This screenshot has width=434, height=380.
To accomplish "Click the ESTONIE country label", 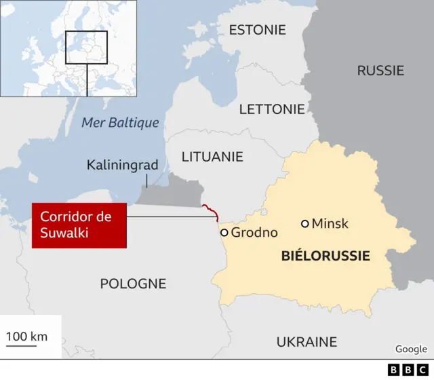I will pyautogui.click(x=257, y=30).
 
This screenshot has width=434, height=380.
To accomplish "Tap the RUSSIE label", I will pyautogui.click(x=380, y=70).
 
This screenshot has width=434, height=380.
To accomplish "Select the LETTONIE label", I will pyautogui.click(x=272, y=109).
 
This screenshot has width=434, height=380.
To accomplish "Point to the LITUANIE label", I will pyautogui.click(x=212, y=156).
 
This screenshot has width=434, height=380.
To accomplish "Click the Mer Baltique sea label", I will pyautogui.click(x=120, y=123).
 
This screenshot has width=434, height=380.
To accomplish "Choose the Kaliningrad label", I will pyautogui.click(x=122, y=165).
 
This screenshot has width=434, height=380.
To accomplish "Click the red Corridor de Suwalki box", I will pyautogui.click(x=79, y=225).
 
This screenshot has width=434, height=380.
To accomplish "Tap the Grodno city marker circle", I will pyautogui.click(x=224, y=232).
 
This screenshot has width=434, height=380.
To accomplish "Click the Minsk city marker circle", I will pyautogui.click(x=305, y=223).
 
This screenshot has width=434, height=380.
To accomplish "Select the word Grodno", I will pyautogui.click(x=254, y=233).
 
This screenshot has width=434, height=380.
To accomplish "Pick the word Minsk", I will pyautogui.click(x=330, y=223).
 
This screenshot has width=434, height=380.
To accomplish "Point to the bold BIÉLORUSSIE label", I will pyautogui.click(x=325, y=256).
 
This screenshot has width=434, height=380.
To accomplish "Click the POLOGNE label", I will pyautogui.click(x=133, y=284).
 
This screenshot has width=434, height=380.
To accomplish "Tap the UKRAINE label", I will pyautogui.click(x=307, y=341).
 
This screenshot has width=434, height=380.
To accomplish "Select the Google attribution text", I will pyautogui.click(x=411, y=349).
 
